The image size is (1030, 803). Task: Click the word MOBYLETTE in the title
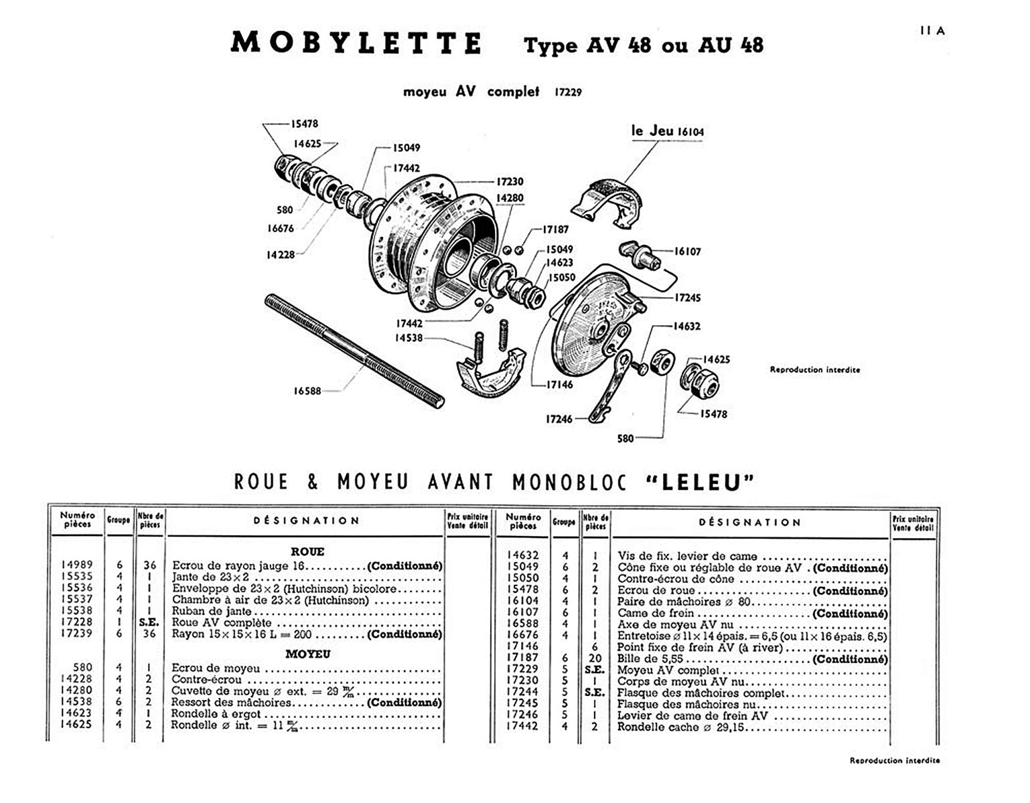[356, 43]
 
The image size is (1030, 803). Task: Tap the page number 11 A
[932, 31]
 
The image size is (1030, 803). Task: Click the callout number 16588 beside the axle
[307, 391]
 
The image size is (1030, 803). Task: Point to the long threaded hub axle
[354, 350]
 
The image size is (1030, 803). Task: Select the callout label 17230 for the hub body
[510, 181]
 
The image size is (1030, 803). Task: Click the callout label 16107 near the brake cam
[687, 252]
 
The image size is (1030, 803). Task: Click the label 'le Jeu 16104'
[668, 131]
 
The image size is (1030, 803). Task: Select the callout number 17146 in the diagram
[560, 385]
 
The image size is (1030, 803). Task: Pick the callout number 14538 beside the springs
[409, 338]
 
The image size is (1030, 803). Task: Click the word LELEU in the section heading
[701, 482]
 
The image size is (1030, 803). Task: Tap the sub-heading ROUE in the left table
[307, 551]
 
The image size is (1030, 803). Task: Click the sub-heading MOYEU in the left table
[307, 654]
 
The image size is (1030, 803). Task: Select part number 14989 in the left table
[77, 565]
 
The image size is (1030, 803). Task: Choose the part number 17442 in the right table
[522, 726]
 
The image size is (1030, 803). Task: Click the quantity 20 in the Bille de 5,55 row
[595, 658]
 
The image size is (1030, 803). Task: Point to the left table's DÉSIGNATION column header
[306, 521]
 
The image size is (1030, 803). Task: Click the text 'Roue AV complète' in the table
[222, 622]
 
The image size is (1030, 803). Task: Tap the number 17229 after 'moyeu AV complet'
[568, 92]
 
